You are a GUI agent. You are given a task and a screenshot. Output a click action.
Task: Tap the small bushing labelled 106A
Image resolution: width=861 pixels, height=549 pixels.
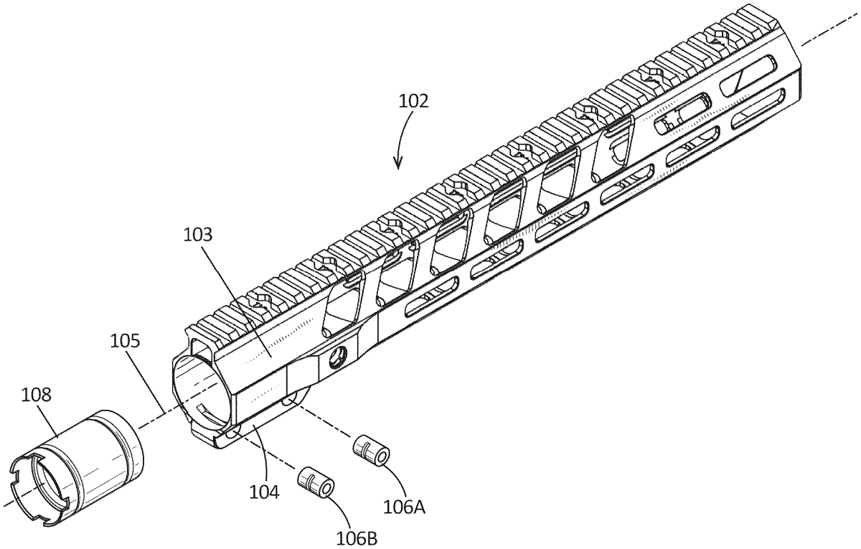click(x=371, y=452)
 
